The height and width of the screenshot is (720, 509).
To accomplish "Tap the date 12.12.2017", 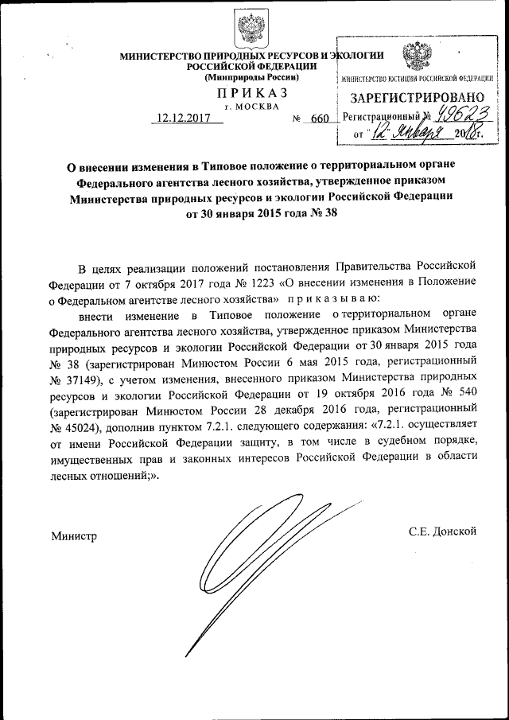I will click(x=182, y=118).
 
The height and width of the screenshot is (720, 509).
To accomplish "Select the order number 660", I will click(x=320, y=118).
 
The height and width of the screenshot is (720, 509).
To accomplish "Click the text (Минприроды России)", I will click(x=251, y=77).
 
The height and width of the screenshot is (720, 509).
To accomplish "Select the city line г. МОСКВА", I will click(x=252, y=106).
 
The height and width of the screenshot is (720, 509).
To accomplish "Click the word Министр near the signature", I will click(x=74, y=536).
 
